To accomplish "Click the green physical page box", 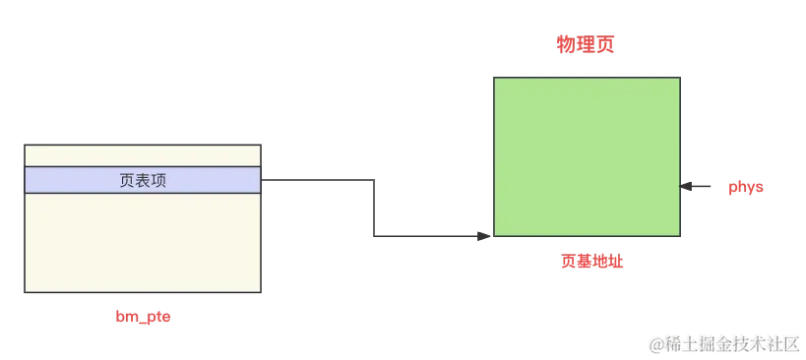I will (x=587, y=155).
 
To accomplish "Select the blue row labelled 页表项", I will (x=144, y=180).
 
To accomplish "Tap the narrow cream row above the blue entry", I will (x=144, y=155).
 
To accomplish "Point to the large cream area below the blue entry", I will (x=144, y=241).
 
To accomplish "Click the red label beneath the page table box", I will (x=144, y=317).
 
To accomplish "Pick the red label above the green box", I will (x=587, y=45).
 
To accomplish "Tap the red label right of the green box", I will (x=744, y=186).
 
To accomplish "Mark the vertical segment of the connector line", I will (x=375, y=207).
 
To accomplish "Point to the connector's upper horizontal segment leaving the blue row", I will (x=320, y=177).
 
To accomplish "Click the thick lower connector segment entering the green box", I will (x=433, y=234).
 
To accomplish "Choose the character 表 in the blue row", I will (x=144, y=181).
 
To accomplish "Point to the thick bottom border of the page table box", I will (x=144, y=294).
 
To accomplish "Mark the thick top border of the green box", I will (x=587, y=75).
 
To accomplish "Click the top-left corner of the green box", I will (x=492, y=75).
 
